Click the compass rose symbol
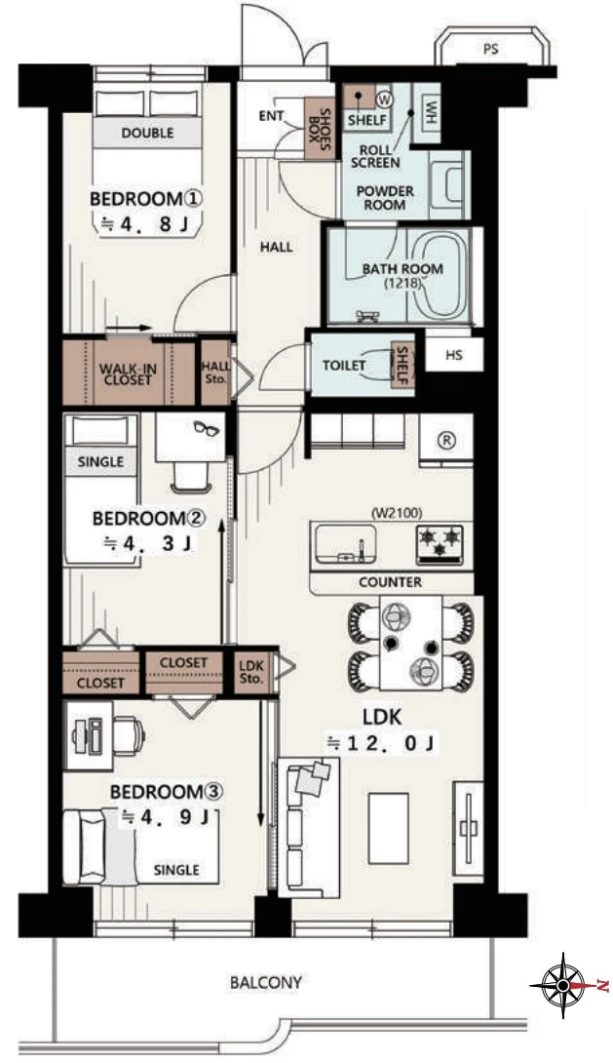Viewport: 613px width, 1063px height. pos(563,985)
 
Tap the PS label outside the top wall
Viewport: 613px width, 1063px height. pos(491,49)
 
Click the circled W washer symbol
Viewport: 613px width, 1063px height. pos(384,98)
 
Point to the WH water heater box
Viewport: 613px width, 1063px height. pos(428,112)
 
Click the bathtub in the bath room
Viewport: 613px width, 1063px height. pos(438,276)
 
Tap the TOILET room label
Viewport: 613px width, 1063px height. pos(344,366)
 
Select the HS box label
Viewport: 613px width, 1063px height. pos(454,354)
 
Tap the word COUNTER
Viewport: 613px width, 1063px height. pos(390,581)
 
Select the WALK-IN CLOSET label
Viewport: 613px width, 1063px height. pos(128,374)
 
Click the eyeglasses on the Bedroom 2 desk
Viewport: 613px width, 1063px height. pos(207,428)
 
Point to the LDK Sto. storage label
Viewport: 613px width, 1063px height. pos(250,672)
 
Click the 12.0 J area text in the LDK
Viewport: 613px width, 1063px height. pos(382,743)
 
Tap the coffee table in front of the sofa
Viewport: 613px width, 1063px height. pos(388,827)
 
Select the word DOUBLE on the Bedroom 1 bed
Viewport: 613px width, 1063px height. pos(148,133)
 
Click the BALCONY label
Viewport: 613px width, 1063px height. pos(265,982)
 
